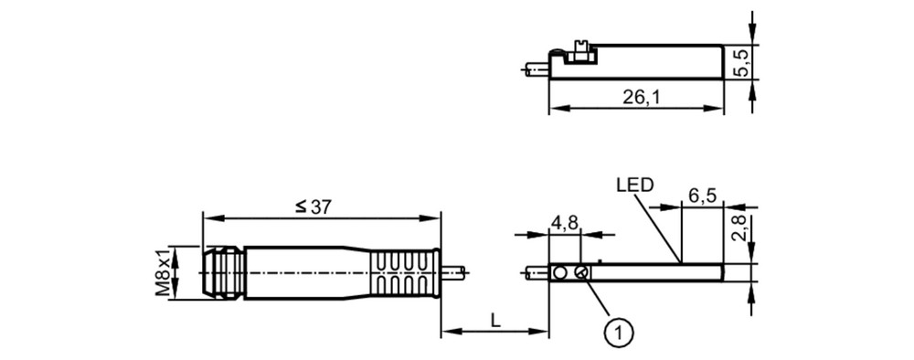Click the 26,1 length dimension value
point(641,97)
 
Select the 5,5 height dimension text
point(742,62)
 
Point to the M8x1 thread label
point(163,272)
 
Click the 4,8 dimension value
point(564,223)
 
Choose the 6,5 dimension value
point(702,196)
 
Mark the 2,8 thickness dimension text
point(742,228)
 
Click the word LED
point(635,185)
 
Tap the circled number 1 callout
point(619,334)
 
